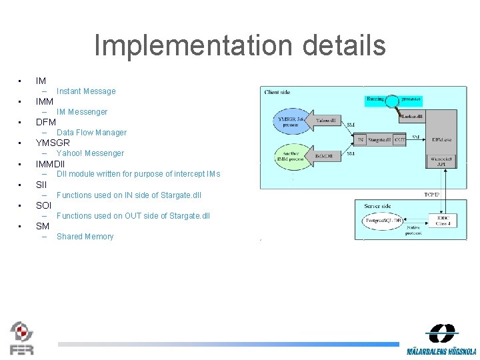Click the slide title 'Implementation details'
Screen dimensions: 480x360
240,46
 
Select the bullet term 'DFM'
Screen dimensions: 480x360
46,122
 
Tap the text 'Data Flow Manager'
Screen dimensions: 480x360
91,133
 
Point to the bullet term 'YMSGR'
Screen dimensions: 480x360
53,143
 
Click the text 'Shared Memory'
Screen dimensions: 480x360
85,237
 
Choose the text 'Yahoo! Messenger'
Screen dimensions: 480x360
90,153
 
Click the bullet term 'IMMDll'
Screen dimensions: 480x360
50,163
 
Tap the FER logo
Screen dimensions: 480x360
21,338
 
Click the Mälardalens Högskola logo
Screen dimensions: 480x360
441,339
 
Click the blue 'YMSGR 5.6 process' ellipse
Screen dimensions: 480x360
291,122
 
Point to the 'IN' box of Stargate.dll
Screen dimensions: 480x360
361,139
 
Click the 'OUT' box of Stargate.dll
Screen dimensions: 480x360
399,139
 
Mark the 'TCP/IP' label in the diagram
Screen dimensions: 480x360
431,195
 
